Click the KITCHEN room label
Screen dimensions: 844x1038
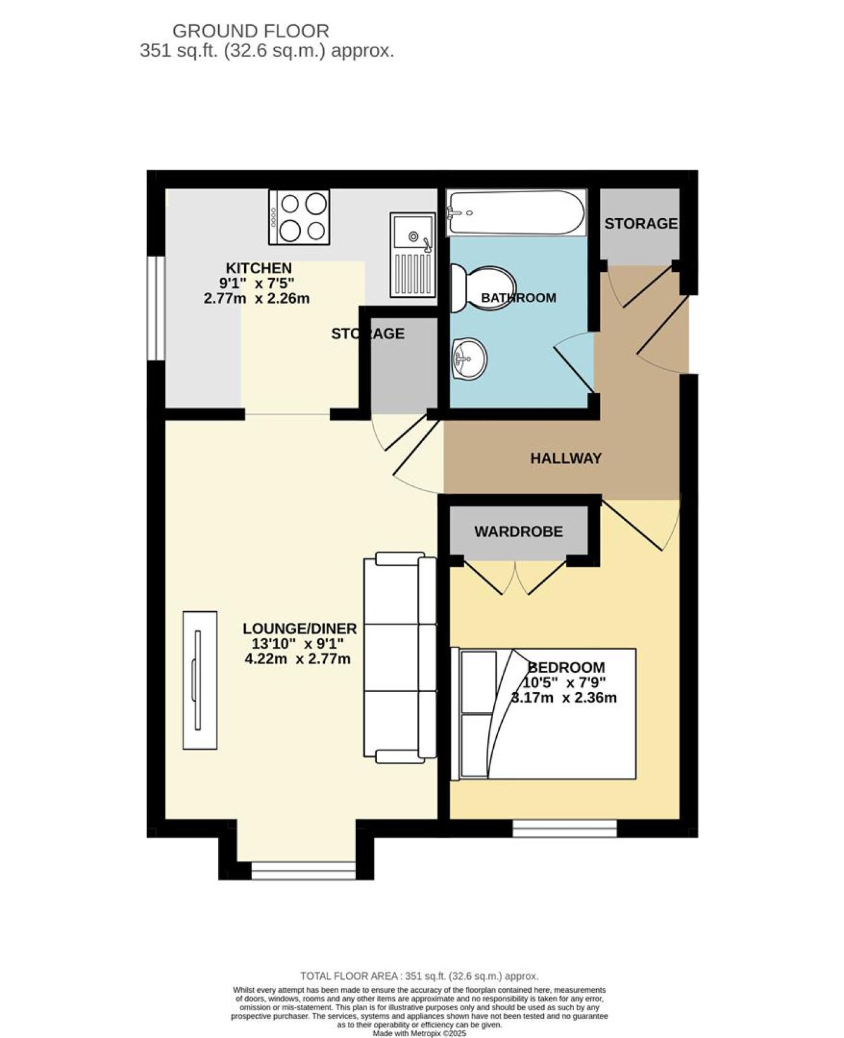pos(259,268)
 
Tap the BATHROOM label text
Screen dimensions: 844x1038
pos(518,298)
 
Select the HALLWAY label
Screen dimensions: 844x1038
pos(566,458)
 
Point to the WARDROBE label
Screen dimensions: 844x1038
pos(518,531)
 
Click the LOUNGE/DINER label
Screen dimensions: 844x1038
pos(300,628)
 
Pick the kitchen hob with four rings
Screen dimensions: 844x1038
pos(300,217)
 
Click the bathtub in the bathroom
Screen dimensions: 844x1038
pos(515,213)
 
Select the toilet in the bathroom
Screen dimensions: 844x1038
pos(483,289)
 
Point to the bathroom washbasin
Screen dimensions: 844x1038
pos(469,359)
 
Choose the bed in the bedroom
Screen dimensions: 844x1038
pos(543,714)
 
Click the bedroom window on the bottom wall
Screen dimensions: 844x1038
pos(565,828)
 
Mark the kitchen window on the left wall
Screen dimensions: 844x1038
pos(156,308)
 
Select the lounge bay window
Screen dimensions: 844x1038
pos(304,870)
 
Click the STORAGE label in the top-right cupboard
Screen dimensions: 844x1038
pos(641,224)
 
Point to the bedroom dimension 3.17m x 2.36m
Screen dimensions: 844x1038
pos(563,698)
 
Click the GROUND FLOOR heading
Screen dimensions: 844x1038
pos(251,30)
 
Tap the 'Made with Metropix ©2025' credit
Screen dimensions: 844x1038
pos(420,1033)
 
